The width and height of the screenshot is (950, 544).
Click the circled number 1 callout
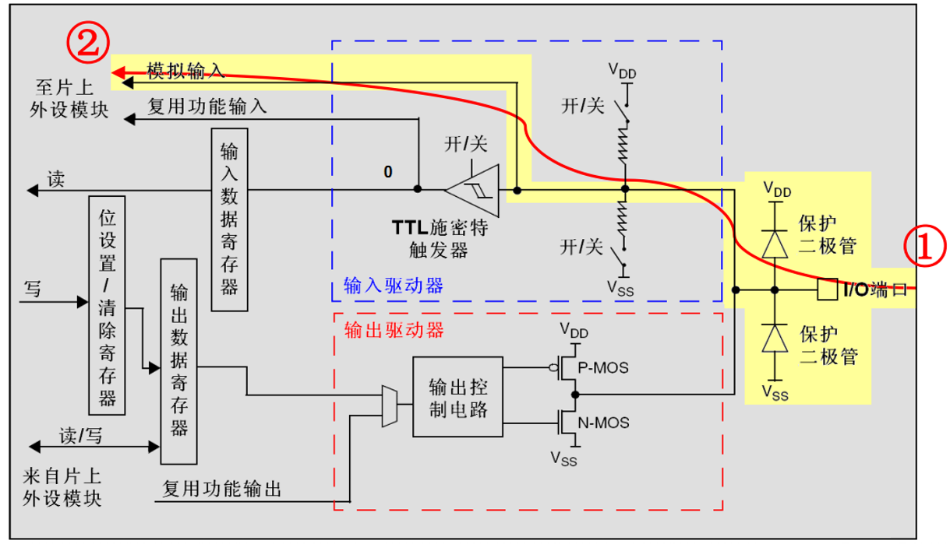[925, 246]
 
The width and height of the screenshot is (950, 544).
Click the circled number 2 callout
[88, 42]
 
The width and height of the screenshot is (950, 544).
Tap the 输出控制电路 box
[458, 397]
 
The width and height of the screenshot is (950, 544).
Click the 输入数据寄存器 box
[229, 220]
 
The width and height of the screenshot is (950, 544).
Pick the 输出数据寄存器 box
[178, 361]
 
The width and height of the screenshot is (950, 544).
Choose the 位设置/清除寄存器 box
[107, 306]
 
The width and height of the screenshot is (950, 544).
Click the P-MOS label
[603, 368]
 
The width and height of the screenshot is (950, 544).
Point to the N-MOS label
[603, 423]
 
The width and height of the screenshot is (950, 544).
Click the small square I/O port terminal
[828, 290]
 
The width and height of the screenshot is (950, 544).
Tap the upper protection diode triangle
[775, 244]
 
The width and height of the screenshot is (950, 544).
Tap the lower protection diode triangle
[775, 338]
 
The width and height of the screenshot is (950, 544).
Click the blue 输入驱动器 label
[393, 286]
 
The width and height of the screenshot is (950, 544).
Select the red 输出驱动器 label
[394, 330]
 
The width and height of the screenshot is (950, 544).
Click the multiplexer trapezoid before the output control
[390, 406]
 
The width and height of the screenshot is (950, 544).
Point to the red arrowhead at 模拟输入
[118, 72]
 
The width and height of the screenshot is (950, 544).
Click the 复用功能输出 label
[222, 489]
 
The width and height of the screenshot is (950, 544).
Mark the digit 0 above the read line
[387, 171]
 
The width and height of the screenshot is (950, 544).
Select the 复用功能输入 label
[207, 107]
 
